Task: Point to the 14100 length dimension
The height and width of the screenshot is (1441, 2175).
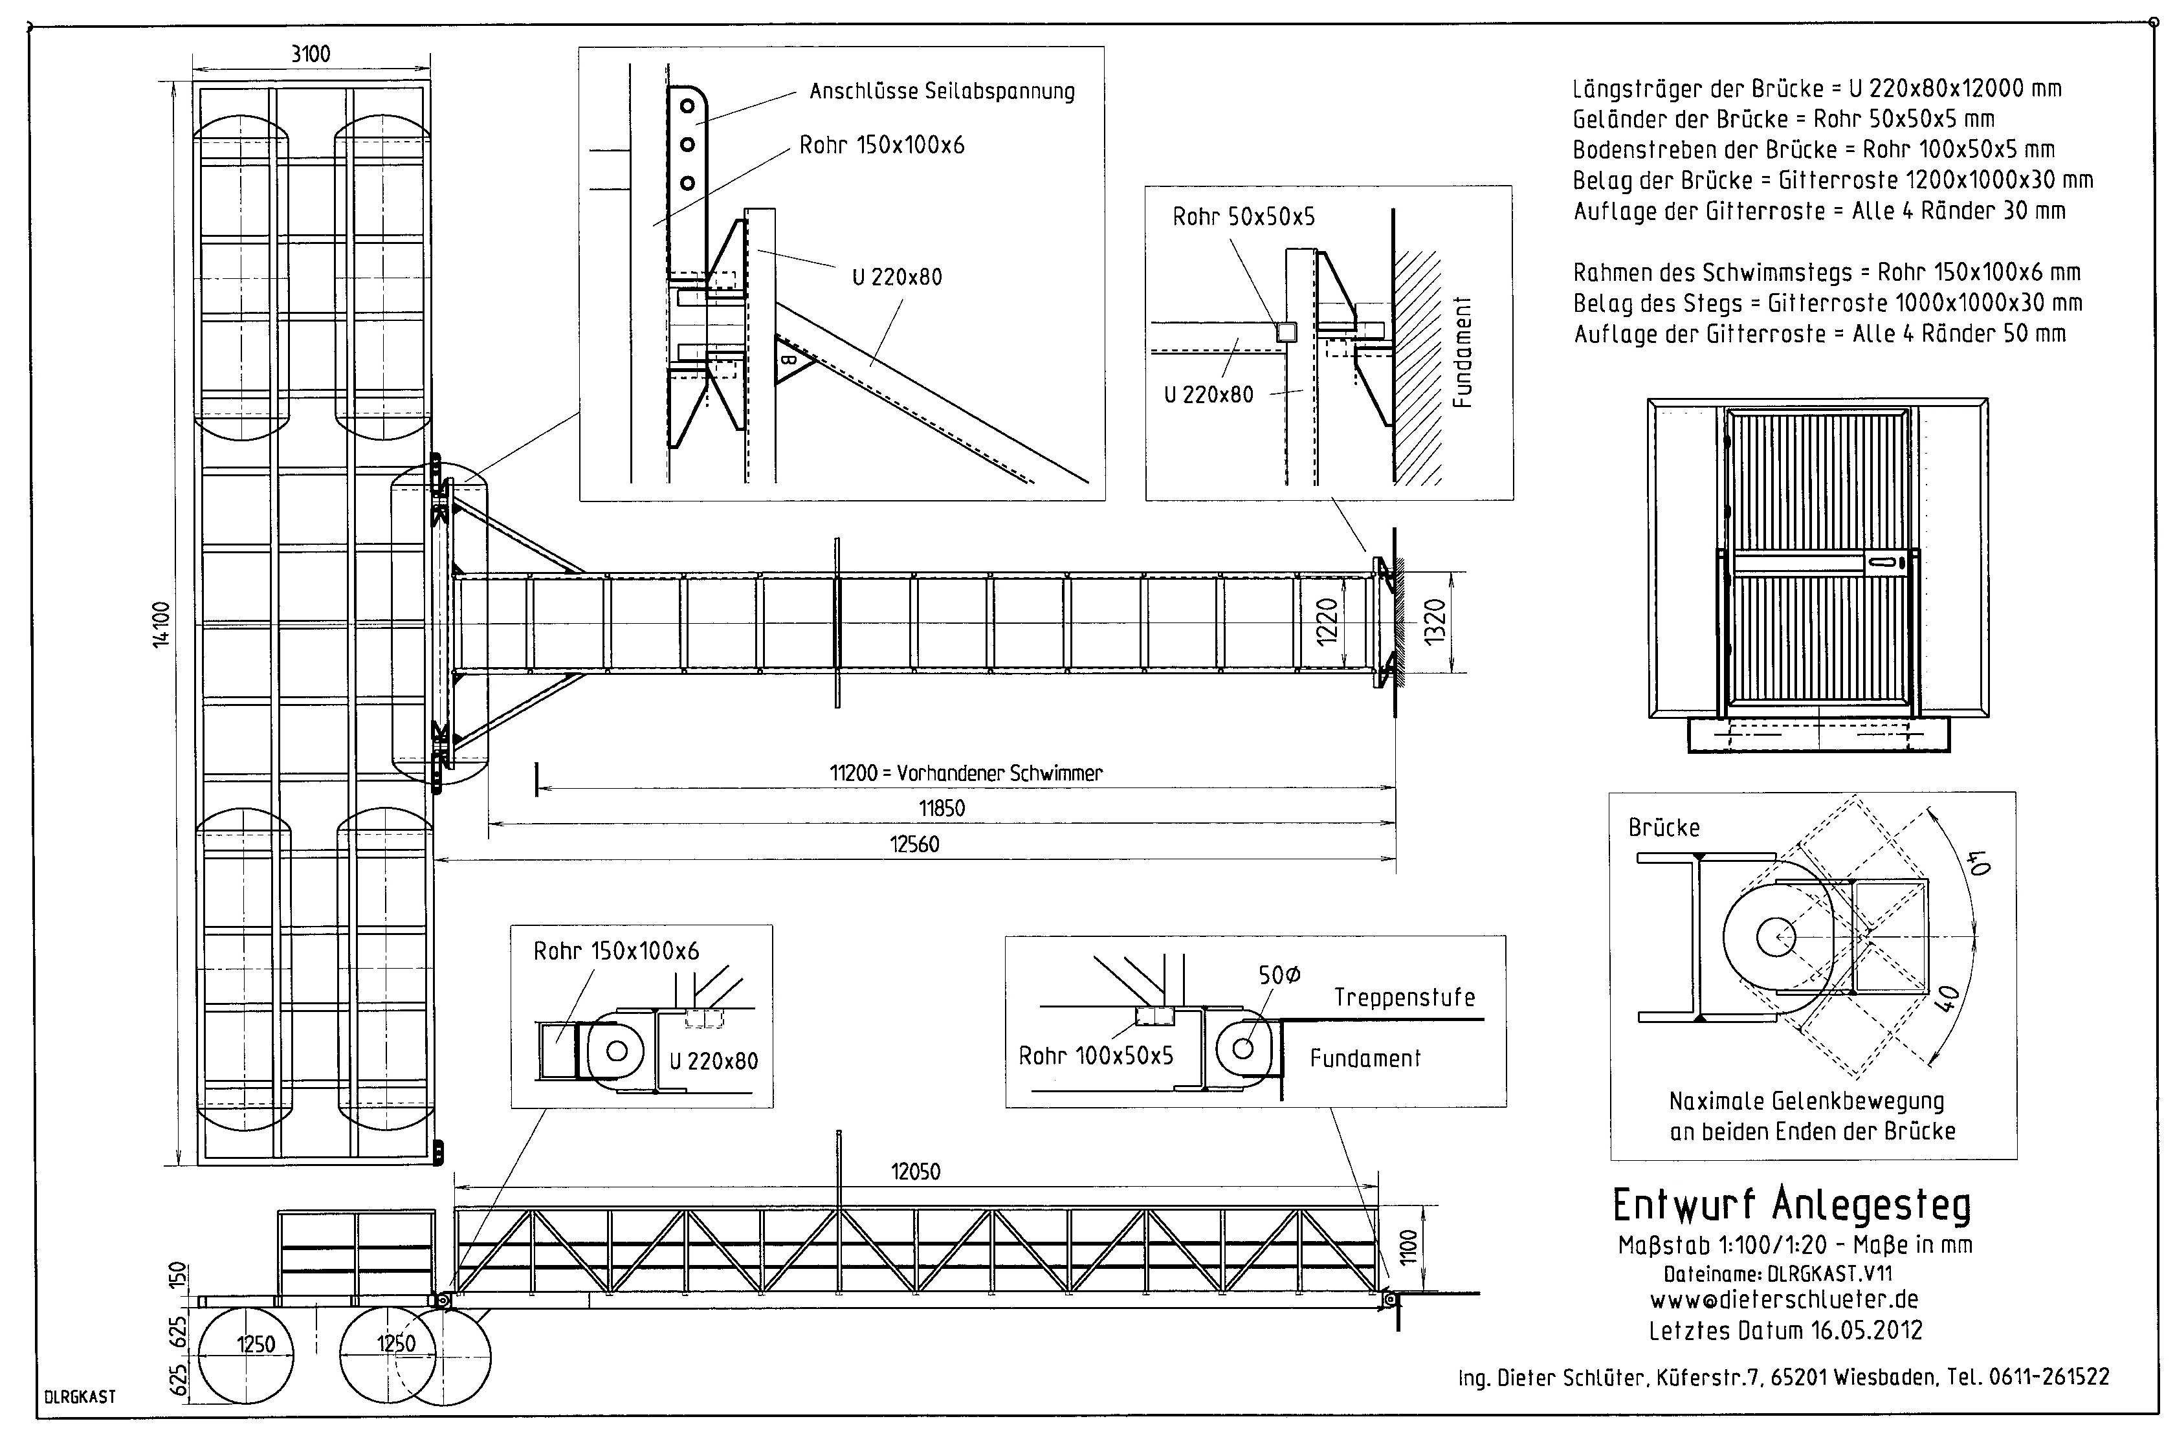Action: coord(162,625)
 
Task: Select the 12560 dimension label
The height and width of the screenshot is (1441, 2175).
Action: coord(914,844)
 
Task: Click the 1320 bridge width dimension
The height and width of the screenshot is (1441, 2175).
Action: coord(1435,622)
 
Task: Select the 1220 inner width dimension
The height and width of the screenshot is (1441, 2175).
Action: coord(1327,622)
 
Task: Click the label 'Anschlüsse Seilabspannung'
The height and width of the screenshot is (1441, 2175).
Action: coord(942,91)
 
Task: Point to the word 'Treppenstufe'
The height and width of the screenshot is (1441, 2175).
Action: coord(1404,998)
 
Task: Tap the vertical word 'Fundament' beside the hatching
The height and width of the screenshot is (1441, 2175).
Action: coord(1462,352)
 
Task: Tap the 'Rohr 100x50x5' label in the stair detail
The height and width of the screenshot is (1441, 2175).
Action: coord(1096,1057)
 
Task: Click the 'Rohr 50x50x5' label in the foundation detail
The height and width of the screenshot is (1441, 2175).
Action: coord(1243,217)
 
